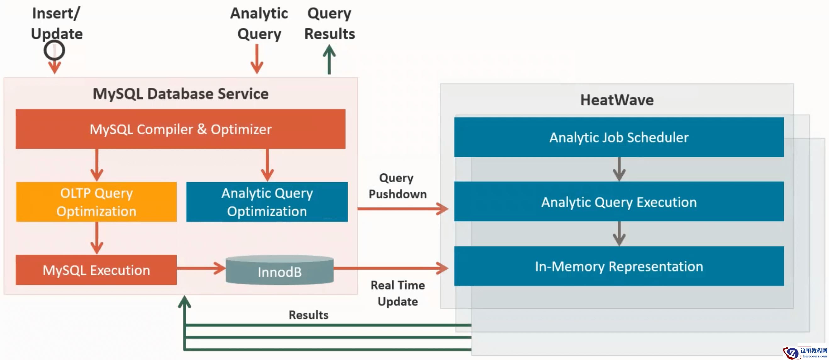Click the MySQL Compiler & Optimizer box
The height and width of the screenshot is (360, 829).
click(x=181, y=129)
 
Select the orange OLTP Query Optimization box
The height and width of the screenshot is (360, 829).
click(x=96, y=202)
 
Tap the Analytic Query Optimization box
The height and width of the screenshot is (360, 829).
click(x=267, y=202)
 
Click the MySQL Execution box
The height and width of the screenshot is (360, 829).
click(x=96, y=270)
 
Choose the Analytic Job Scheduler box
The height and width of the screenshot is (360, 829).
click(x=619, y=137)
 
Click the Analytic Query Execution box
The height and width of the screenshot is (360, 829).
click(x=619, y=202)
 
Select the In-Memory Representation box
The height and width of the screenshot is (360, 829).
click(x=619, y=266)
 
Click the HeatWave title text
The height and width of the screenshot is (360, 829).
click(x=617, y=100)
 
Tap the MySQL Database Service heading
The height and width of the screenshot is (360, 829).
click(x=181, y=94)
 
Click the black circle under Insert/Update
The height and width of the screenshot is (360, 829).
click(x=54, y=51)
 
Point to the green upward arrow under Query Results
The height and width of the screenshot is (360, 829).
click(x=329, y=59)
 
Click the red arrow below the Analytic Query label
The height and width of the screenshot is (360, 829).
click(x=257, y=59)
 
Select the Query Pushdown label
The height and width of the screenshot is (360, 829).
click(x=398, y=186)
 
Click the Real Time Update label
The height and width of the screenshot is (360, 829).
click(x=398, y=293)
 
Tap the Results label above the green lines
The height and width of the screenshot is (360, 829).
click(x=308, y=315)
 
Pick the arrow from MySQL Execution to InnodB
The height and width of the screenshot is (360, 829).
click(x=201, y=268)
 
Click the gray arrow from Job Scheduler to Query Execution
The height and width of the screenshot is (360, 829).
click(x=619, y=169)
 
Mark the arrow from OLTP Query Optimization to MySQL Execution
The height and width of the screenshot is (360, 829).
click(x=97, y=238)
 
